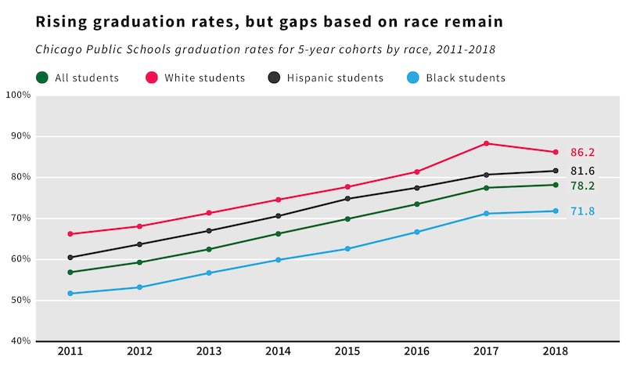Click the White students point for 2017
(487, 143)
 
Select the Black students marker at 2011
(70, 294)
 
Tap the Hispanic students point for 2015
(347, 199)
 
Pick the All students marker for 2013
(209, 250)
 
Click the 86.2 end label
(582, 153)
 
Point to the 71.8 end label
(582, 211)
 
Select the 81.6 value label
(582, 171)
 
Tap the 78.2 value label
(582, 186)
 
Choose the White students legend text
(204, 78)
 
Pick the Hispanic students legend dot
(274, 78)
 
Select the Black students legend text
(466, 78)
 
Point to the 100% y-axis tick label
(17, 96)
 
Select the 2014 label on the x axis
(278, 352)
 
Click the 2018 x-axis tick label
(556, 352)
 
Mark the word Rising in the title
(59, 22)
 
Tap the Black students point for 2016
(417, 232)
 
